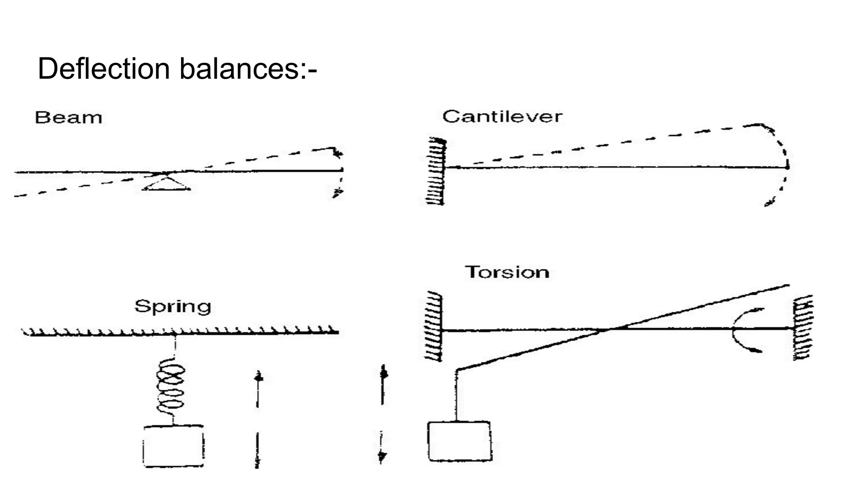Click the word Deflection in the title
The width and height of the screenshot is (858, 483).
tap(103, 68)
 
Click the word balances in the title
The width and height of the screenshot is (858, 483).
tap(239, 68)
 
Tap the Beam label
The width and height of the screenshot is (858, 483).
tap(69, 118)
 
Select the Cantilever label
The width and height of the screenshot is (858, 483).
tap(502, 117)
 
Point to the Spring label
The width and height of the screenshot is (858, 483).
tap(173, 306)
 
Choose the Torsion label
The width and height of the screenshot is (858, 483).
tap(507, 273)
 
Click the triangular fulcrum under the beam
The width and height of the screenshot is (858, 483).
tap(166, 183)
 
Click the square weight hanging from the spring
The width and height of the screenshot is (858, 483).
tap(173, 446)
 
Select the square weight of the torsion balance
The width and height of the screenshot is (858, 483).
tap(460, 441)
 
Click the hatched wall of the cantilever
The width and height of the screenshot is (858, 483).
tap(436, 171)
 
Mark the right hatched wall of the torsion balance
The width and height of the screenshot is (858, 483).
tap(803, 327)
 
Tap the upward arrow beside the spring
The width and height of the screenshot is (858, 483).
tap(258, 388)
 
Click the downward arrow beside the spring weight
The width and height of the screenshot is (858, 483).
tap(257, 450)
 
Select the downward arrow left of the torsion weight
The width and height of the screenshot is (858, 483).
tap(381, 447)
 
